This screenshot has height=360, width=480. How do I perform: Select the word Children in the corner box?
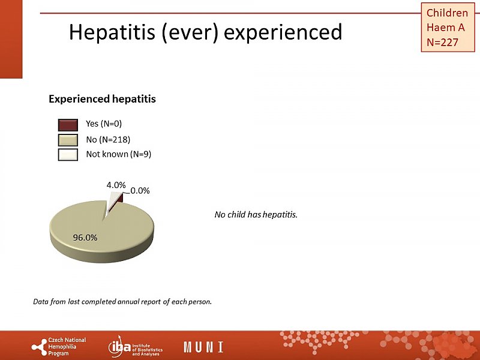[x=447, y=13]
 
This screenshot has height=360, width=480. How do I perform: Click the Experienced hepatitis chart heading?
[x=102, y=99]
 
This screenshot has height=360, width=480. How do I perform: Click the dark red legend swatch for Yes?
[x=68, y=125]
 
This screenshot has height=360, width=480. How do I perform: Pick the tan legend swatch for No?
[x=68, y=140]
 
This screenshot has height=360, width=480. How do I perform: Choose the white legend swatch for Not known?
[x=68, y=154]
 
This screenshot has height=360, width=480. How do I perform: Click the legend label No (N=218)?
[x=108, y=139]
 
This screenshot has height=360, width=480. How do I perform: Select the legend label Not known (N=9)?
[x=118, y=154]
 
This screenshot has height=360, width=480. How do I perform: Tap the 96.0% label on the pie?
[x=85, y=237]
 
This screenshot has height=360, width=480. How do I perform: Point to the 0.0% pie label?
[x=140, y=191]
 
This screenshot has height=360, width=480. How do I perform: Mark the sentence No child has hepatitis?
[x=256, y=214]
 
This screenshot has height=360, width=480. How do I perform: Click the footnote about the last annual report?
[x=122, y=301]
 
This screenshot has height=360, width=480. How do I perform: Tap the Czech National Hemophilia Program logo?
[x=59, y=347]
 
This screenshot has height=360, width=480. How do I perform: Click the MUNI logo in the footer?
[x=203, y=347]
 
